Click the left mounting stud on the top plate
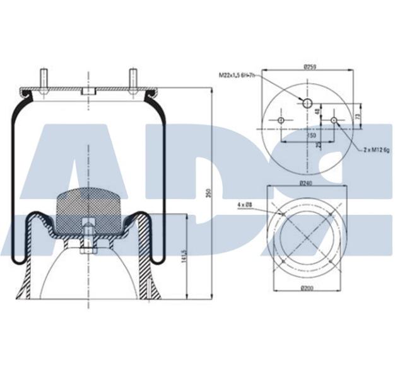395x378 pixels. [x=43, y=79]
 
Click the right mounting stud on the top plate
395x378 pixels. [x=134, y=79]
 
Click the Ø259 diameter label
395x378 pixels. [x=309, y=66]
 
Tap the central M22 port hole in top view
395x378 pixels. [x=307, y=103]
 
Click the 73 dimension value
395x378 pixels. [x=358, y=117]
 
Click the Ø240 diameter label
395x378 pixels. [x=307, y=183]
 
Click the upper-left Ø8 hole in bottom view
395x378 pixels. [x=283, y=214]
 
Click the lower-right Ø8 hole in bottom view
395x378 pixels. [x=332, y=262]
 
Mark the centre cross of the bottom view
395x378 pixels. [x=307, y=238]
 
